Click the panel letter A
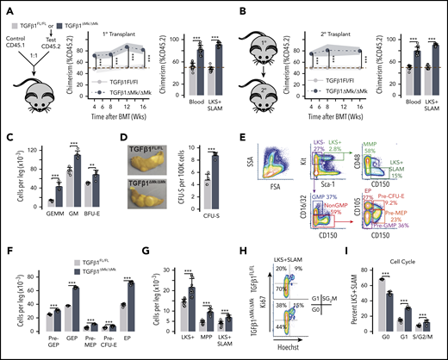point(6,7)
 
